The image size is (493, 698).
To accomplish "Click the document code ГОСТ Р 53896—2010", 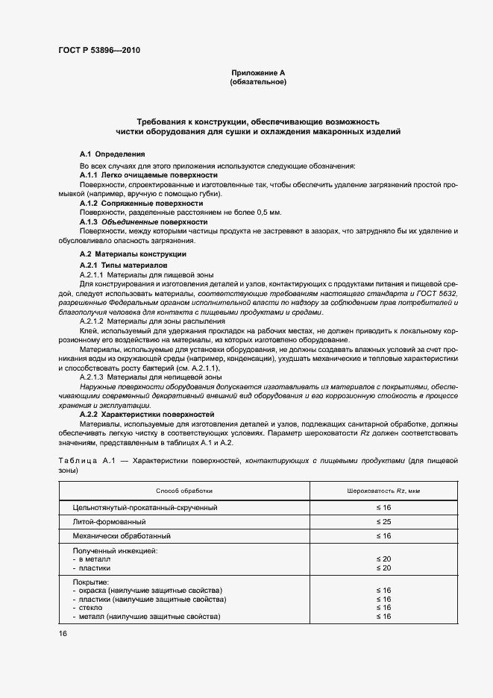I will point(98,51).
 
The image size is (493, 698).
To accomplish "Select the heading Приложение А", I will point(258,72).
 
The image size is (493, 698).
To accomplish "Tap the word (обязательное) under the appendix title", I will point(258,82).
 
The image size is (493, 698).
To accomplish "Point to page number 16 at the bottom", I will point(63,633).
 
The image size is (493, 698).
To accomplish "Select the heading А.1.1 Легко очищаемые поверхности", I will point(143,174).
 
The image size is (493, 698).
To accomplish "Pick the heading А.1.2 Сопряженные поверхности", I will point(140,203).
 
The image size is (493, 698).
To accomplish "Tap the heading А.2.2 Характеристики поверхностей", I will point(146,414).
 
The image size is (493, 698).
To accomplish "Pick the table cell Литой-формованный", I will point(109,521).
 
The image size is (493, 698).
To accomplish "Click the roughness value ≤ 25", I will point(383,521).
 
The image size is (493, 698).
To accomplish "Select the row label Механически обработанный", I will point(122,535).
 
